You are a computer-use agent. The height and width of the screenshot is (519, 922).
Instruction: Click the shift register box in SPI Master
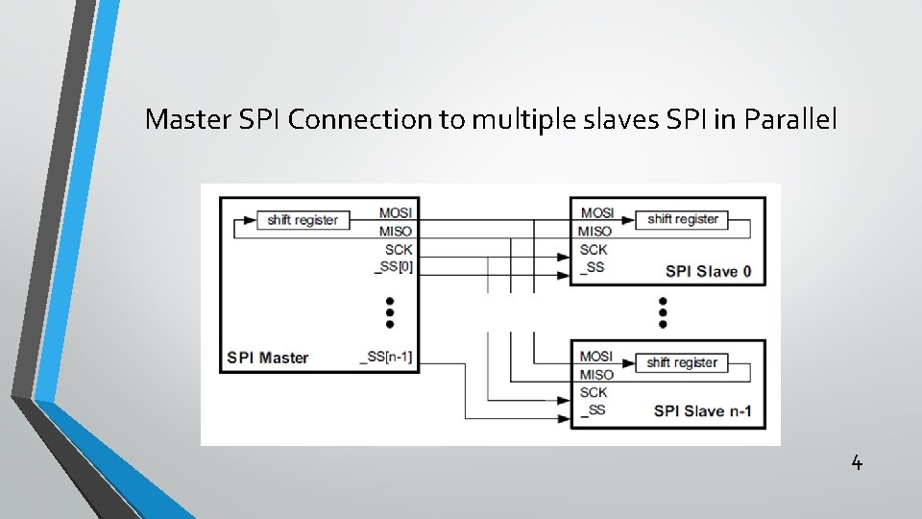point(303,220)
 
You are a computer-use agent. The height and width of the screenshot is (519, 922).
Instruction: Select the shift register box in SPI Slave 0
point(683,219)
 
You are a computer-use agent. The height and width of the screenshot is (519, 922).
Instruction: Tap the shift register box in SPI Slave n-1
point(682,362)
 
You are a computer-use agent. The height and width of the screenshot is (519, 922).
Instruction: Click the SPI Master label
point(268,358)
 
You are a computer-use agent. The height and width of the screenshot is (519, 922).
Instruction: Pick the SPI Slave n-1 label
point(702,412)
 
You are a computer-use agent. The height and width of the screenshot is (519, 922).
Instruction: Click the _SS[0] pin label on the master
point(394,266)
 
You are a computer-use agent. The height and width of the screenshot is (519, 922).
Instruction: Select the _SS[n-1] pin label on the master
point(386,358)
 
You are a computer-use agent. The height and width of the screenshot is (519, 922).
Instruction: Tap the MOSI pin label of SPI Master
point(396,212)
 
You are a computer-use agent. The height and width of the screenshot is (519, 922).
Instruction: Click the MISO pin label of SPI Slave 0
point(595,231)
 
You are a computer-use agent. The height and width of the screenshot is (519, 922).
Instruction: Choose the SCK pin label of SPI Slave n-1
point(594,392)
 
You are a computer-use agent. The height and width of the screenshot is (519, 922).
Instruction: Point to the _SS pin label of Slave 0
point(593,266)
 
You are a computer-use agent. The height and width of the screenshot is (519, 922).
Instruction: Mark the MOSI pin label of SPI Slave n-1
point(596,357)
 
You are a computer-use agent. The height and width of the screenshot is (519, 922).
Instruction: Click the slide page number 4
point(857,463)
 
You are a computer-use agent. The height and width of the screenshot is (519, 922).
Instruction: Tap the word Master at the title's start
point(182,120)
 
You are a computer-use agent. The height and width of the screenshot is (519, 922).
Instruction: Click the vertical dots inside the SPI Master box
point(390,312)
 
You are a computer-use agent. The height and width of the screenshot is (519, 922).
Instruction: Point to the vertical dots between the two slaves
point(663,312)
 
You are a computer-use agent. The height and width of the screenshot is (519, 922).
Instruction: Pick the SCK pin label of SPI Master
point(399,249)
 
